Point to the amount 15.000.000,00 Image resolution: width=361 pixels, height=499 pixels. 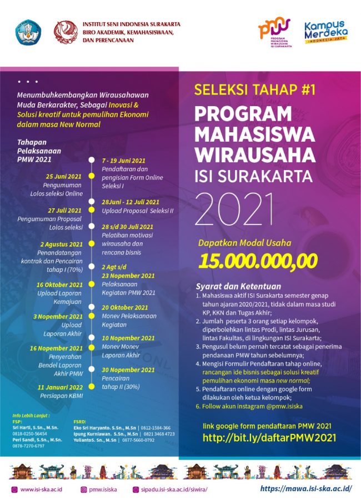pos(259,260)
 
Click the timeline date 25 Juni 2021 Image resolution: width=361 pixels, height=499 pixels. pos(64,176)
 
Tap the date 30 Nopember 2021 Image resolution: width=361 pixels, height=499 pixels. pos(128,370)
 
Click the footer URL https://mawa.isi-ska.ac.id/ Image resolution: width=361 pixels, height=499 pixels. pos(307,488)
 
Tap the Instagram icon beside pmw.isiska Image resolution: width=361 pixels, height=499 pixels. pos(83,489)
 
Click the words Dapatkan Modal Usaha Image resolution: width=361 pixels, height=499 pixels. pos(244,242)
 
